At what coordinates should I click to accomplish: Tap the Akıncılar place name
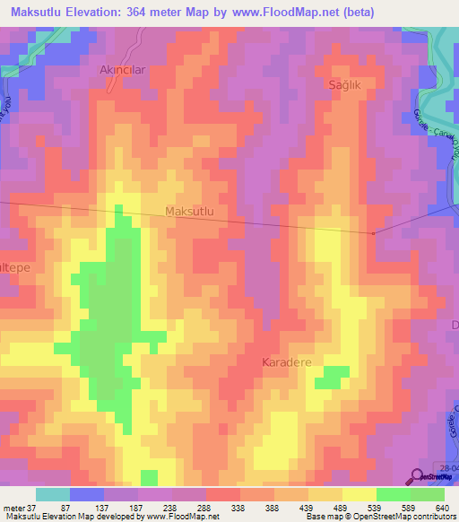121,69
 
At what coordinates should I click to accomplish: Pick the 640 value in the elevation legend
442,508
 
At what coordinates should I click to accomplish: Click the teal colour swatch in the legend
53,494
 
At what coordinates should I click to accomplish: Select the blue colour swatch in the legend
86,494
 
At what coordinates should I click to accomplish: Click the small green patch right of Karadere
333,377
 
